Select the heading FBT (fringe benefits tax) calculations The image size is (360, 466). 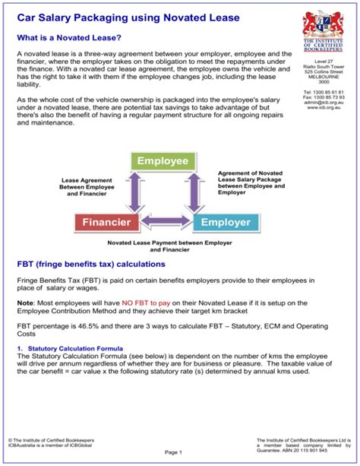tap(90, 264)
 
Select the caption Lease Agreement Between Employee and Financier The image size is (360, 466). tap(88, 187)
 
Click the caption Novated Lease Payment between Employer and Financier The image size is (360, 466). tap(159, 246)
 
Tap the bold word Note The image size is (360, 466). tap(26, 303)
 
